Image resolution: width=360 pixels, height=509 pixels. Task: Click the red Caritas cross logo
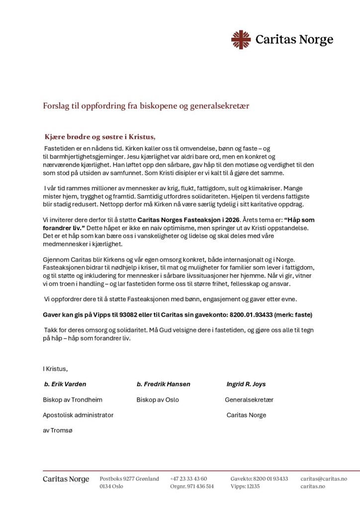click(241, 40)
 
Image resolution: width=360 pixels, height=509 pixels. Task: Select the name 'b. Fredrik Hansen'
click(163, 384)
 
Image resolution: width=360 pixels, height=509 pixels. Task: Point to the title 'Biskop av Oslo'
click(158, 400)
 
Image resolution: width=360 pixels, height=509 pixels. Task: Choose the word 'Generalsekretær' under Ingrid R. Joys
click(249, 400)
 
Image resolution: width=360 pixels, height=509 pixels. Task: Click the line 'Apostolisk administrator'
click(78, 415)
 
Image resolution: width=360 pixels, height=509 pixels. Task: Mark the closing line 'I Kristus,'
click(55, 368)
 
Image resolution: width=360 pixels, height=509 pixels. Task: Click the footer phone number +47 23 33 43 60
click(188, 479)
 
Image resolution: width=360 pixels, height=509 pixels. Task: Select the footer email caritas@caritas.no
click(324, 479)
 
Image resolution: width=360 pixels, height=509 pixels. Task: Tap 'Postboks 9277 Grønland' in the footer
click(129, 479)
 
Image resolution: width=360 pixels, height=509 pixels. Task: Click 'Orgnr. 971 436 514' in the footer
click(192, 487)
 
